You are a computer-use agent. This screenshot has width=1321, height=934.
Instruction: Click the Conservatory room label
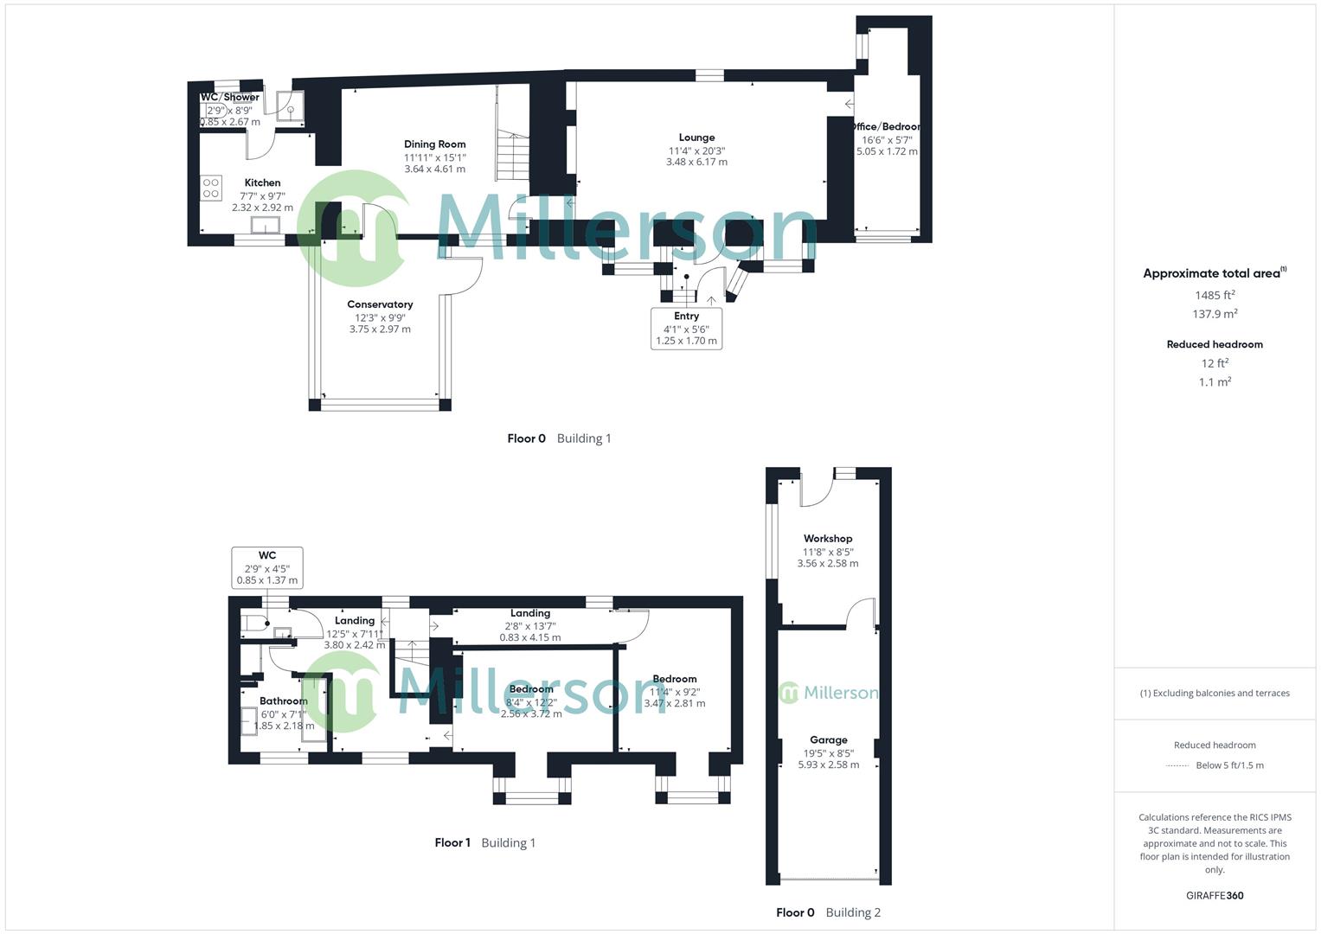[380, 304]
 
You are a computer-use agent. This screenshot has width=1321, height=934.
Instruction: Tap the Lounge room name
[696, 138]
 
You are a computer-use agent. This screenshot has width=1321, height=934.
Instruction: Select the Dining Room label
[434, 144]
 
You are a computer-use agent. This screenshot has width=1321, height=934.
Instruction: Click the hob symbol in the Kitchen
[211, 188]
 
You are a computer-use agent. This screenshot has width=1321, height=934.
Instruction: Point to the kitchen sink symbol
[266, 225]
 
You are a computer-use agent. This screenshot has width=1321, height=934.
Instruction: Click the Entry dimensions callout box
[686, 329]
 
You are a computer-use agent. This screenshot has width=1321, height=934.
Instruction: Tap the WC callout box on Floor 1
[267, 567]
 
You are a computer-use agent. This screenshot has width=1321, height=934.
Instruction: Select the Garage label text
[828, 740]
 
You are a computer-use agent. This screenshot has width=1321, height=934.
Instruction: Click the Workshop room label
[828, 539]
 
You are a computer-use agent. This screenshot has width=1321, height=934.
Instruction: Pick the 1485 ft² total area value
[1215, 296]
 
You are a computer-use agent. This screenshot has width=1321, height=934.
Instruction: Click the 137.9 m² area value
[1215, 315]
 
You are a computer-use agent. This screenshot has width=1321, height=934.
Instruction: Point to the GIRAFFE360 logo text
[1215, 896]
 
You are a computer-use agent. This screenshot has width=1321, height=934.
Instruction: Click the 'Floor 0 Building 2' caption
[828, 912]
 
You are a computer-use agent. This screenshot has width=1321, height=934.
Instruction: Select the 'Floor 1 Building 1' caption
[484, 843]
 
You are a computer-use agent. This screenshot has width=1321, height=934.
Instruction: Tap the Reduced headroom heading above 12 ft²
[1215, 344]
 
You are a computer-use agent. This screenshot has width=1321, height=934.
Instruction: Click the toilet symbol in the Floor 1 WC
[253, 623]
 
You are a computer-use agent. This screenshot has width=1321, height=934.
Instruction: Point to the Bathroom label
[284, 701]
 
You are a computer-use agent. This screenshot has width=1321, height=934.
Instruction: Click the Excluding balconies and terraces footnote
[1215, 694]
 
